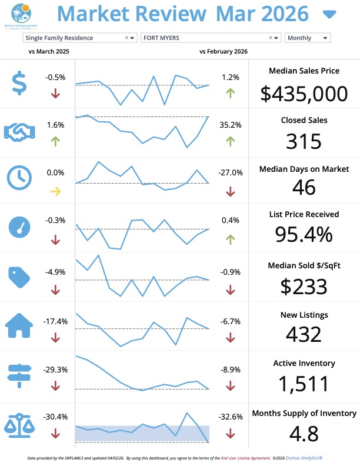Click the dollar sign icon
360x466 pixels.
click(19, 83)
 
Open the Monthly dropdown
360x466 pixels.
click(307, 38)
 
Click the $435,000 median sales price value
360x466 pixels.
click(304, 94)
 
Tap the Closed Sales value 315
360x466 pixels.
click(304, 142)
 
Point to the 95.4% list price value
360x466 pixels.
click(304, 234)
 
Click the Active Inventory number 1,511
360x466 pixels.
click(304, 384)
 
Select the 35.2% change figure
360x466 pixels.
click(231, 125)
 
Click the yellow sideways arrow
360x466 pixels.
click(55, 190)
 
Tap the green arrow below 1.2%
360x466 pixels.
click(230, 93)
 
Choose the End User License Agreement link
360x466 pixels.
click(245, 457)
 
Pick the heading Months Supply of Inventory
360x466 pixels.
click(304, 413)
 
